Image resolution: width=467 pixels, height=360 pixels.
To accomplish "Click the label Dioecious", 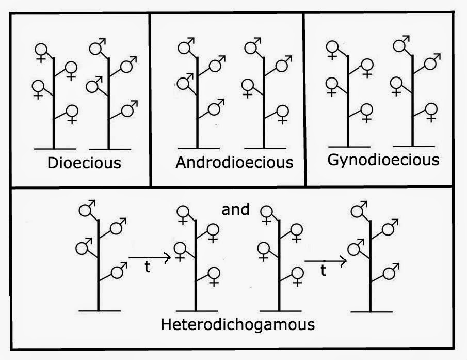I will click(84, 163).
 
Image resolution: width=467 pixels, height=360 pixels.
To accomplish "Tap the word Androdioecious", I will click(234, 162).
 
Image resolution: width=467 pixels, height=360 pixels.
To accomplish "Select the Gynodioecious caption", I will click(383, 160).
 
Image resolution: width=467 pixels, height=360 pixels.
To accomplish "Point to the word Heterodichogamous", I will click(238, 325).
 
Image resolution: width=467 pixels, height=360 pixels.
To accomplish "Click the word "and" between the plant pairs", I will click(235, 210).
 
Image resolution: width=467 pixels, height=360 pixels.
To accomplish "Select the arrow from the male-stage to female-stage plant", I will click(149, 257).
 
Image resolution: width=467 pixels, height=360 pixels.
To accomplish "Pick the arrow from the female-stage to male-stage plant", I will click(325, 262).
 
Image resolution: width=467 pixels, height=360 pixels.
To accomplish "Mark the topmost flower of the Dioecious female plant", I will click(41, 50).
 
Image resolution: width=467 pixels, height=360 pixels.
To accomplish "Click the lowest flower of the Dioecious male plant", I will click(125, 111).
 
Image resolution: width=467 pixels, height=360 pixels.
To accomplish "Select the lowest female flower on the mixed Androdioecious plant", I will click(282, 111).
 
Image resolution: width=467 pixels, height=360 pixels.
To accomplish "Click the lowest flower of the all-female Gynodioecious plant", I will click(366, 109).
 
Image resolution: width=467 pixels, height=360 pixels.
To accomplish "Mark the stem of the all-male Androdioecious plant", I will click(198, 103).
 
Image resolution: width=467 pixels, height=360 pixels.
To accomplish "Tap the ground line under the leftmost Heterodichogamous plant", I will click(101, 310).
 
